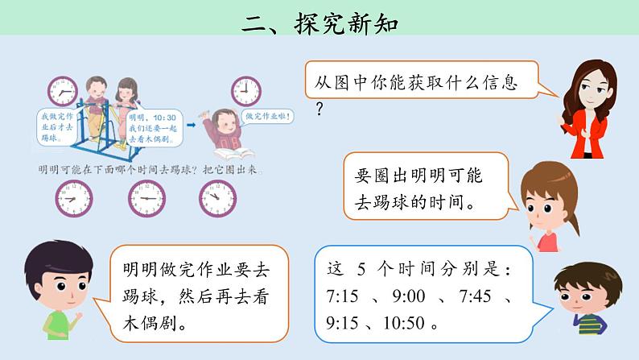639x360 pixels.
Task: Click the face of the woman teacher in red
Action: [x=591, y=83]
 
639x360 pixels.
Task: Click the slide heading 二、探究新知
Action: [x=320, y=22]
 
